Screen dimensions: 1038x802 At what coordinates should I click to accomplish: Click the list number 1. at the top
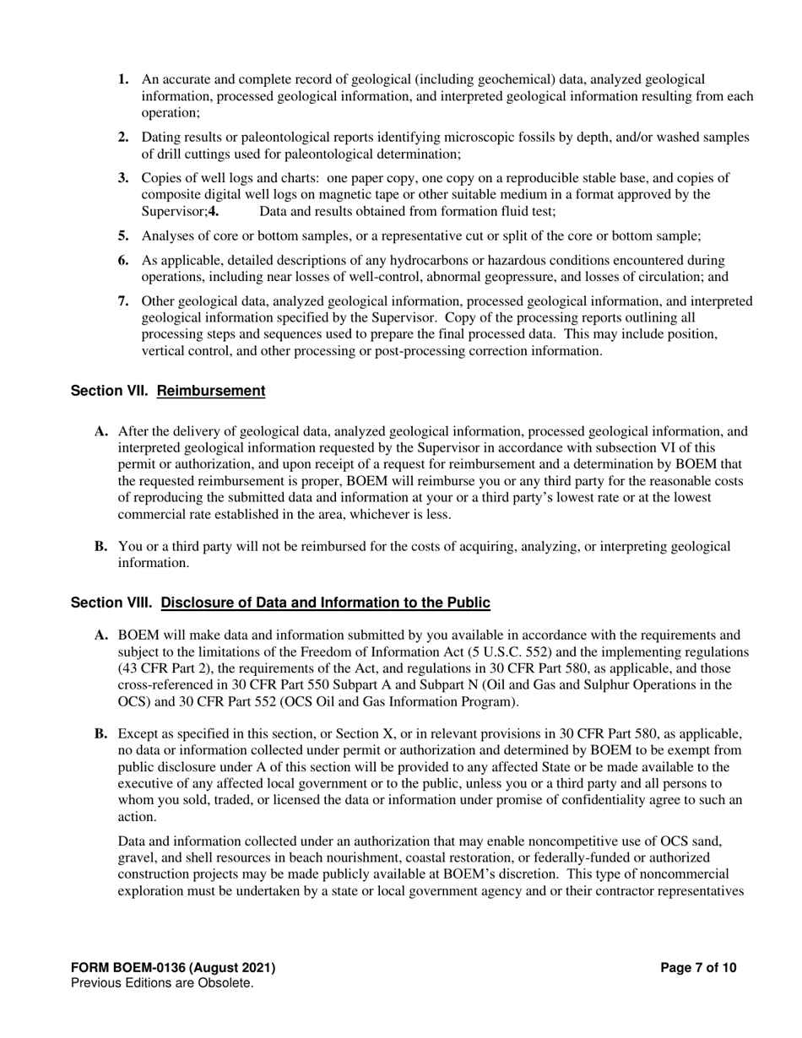click(x=123, y=79)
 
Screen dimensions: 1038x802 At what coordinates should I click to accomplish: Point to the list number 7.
click(x=123, y=301)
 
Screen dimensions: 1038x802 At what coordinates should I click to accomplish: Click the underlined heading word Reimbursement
click(x=211, y=391)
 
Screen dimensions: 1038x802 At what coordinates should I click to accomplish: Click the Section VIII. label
click(x=111, y=603)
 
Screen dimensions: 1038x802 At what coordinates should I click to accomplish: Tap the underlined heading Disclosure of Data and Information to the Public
click(x=325, y=603)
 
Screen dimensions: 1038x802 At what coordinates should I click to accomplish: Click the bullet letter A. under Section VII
click(x=101, y=431)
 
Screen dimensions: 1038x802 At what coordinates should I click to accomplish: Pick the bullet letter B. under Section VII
click(x=101, y=546)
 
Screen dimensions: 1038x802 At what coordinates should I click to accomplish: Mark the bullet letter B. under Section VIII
click(x=101, y=734)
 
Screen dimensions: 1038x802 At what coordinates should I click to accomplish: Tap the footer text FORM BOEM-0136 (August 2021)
click(x=173, y=968)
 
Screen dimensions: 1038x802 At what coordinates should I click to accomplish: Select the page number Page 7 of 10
click(x=698, y=968)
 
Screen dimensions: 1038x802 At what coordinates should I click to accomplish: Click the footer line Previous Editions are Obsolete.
click(x=162, y=983)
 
